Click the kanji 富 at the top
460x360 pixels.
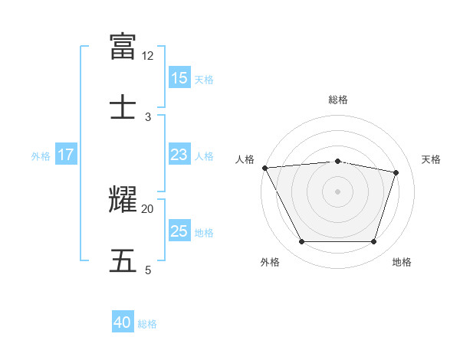[x=123, y=46]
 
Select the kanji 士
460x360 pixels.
[x=123, y=106]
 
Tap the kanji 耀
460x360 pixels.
[x=123, y=199]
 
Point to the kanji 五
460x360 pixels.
[x=123, y=260]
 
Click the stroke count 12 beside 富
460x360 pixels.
[x=148, y=56]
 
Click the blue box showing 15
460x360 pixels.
[x=179, y=78]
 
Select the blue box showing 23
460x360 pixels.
[x=179, y=155]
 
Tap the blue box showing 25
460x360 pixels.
[x=179, y=231]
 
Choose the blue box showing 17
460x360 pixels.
[x=66, y=155]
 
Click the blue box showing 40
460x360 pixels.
[x=123, y=323]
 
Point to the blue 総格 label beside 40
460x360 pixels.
[x=147, y=324]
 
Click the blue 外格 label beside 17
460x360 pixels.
[x=41, y=155]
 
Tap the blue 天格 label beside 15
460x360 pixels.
[x=204, y=79]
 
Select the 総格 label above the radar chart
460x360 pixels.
[x=337, y=100]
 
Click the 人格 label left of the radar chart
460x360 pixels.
[x=245, y=159]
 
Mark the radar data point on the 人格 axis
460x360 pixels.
[x=264, y=168]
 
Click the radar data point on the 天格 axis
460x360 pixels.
[x=396, y=172]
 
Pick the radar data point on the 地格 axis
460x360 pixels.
[x=374, y=242]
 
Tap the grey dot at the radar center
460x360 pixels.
[x=337, y=191]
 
